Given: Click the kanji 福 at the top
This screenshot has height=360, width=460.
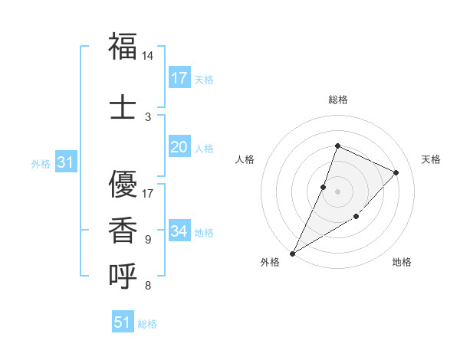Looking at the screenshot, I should [123, 47].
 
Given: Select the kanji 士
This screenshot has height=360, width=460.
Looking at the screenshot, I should [123, 105].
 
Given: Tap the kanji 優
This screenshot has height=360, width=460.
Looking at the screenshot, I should [123, 183].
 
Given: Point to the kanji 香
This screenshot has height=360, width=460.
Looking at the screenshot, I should [123, 228].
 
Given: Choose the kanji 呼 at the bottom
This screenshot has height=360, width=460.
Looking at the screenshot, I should [123, 275].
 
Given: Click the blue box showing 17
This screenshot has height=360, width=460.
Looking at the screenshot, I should [179, 78].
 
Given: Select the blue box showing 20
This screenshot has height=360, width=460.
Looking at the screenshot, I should [179, 147].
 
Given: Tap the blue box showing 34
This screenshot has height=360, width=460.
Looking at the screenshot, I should [179, 231].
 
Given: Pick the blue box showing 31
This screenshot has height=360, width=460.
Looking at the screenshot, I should [65, 162].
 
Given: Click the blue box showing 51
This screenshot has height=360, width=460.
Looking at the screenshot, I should [123, 322].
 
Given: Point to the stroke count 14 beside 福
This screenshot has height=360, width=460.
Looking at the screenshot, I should [148, 57].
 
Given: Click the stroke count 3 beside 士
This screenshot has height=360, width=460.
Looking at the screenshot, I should [148, 116].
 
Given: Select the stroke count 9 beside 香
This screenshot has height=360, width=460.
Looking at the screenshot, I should [148, 240].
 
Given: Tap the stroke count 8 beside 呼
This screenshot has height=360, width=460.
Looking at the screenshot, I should [148, 286].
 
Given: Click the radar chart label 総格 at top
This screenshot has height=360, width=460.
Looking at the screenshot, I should [337, 100].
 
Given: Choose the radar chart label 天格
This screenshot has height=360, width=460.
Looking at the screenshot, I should [431, 159].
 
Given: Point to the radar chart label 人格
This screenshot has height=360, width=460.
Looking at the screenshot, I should [245, 159].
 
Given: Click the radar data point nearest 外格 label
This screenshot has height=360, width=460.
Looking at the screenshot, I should [292, 254].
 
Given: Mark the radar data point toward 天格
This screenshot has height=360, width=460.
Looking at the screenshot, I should [396, 172].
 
